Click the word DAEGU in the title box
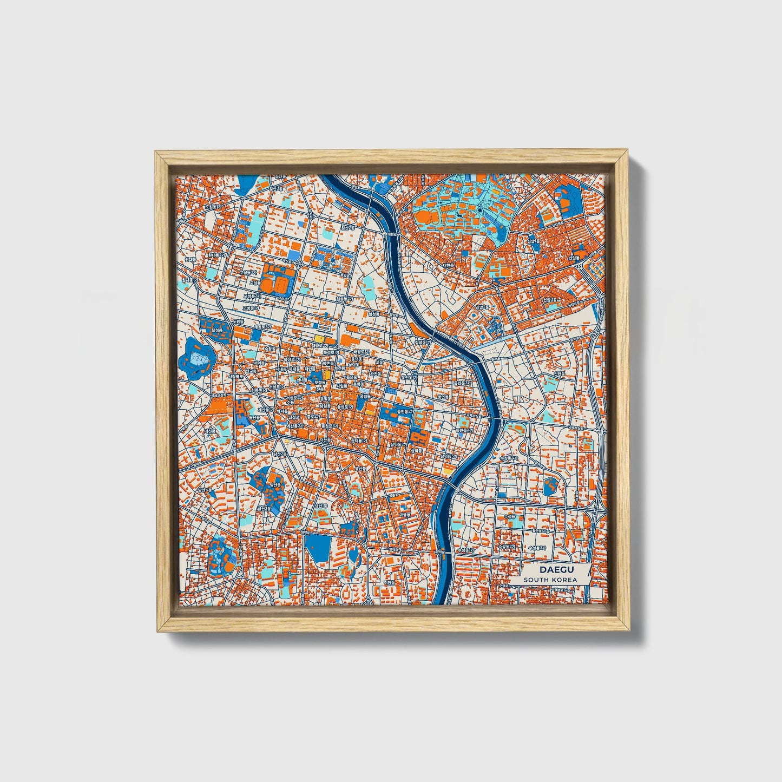pyautogui.click(x=549, y=570)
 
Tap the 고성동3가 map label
pyautogui.click(x=252, y=307)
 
